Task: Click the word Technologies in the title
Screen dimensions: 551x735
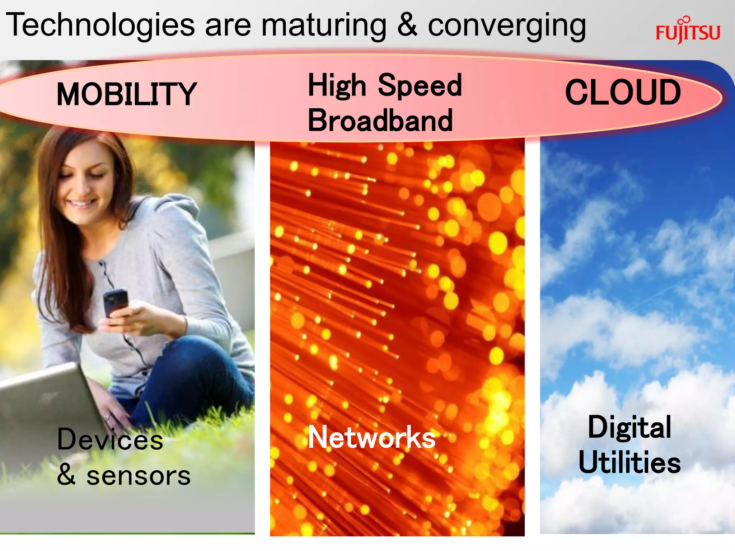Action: [x=100, y=25]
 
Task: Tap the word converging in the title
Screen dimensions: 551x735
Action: [x=507, y=26]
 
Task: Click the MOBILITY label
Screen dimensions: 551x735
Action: [x=127, y=94]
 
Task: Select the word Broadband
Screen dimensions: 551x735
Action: [x=380, y=121]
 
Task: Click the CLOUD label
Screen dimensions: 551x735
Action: [x=623, y=93]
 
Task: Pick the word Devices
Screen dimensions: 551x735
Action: [x=110, y=439]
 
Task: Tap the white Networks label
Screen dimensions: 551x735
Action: [x=372, y=437]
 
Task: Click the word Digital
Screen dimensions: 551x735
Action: [x=629, y=427]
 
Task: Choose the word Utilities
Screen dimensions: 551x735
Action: [x=629, y=462]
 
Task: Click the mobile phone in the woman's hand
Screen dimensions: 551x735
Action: [x=115, y=302]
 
